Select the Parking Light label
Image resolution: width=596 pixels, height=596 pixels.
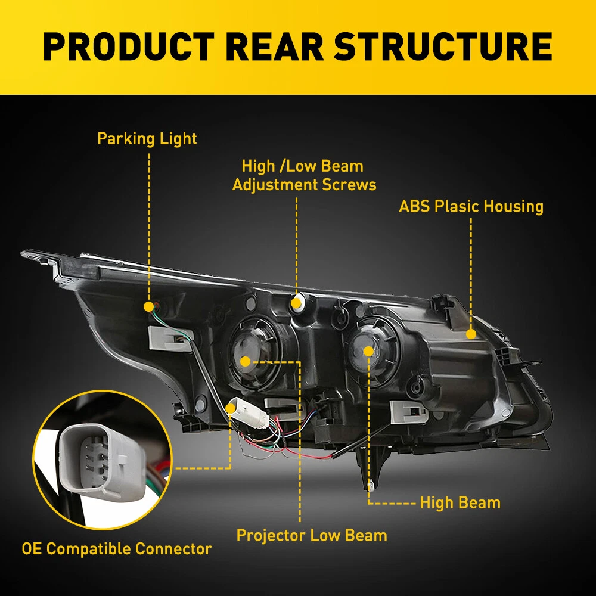tap(147, 139)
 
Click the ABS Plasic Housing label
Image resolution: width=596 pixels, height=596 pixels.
tap(471, 207)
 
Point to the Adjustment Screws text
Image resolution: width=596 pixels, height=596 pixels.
tap(304, 184)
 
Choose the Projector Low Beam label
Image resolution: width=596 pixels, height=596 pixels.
tap(312, 535)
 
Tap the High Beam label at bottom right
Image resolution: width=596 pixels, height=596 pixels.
tap(460, 502)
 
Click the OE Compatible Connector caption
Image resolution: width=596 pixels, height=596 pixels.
tap(117, 548)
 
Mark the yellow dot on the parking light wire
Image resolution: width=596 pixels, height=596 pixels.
tap(148, 306)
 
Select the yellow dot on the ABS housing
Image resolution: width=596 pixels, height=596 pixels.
tap(471, 334)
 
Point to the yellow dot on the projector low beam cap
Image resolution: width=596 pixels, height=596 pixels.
tap(246, 360)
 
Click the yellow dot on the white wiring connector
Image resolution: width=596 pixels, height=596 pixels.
tap(231, 408)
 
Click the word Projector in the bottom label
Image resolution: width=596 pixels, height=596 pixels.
tap(271, 535)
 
